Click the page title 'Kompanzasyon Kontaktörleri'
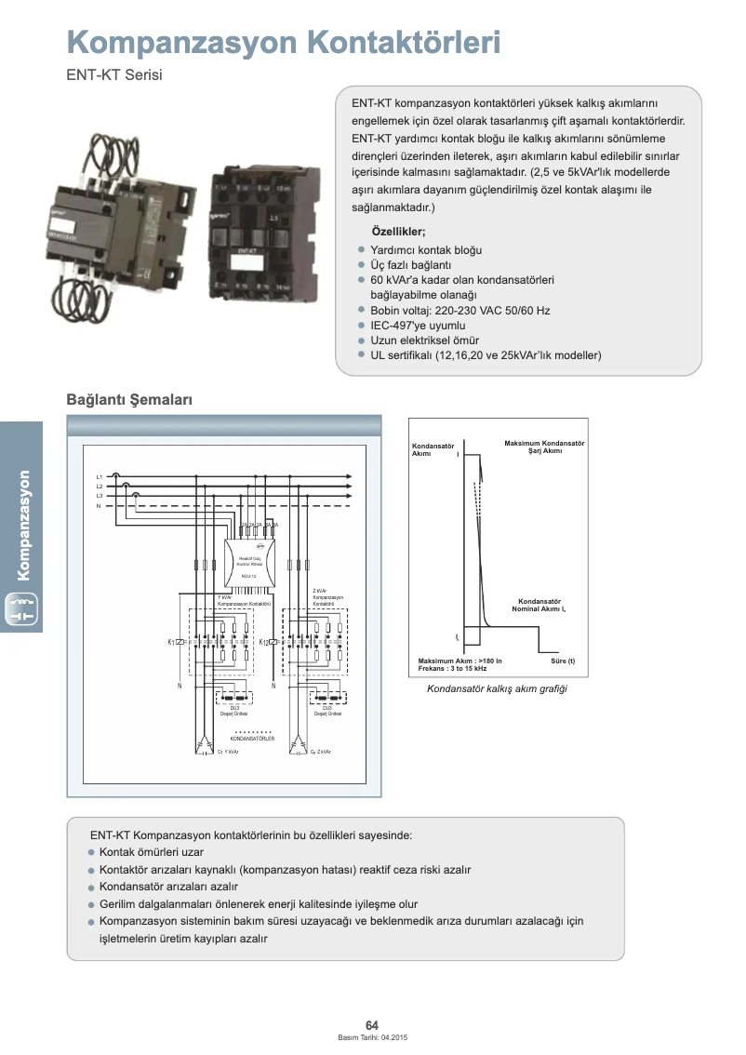pyautogui.click(x=283, y=42)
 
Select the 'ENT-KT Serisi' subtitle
pyautogui.click(x=113, y=75)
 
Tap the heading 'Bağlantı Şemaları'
pyautogui.click(x=128, y=399)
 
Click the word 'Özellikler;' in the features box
pyautogui.click(x=399, y=232)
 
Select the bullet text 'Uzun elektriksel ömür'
pyautogui.click(x=425, y=341)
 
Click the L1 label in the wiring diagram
pyautogui.click(x=100, y=476)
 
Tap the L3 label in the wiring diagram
pyautogui.click(x=100, y=496)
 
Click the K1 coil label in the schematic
pyautogui.click(x=172, y=642)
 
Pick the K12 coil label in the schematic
pyautogui.click(x=264, y=642)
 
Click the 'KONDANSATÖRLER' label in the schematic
pyautogui.click(x=252, y=739)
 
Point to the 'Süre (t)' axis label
pyautogui.click(x=563, y=661)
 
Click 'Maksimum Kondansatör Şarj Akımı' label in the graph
pyautogui.click(x=544, y=447)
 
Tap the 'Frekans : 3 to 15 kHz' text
pyautogui.click(x=453, y=669)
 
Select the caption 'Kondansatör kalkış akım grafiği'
pyautogui.click(x=497, y=689)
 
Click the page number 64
pyautogui.click(x=372, y=1025)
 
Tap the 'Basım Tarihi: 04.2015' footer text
pyautogui.click(x=372, y=1037)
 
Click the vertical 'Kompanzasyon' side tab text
pyautogui.click(x=23, y=526)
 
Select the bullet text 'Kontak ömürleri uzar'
pyautogui.click(x=151, y=852)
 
